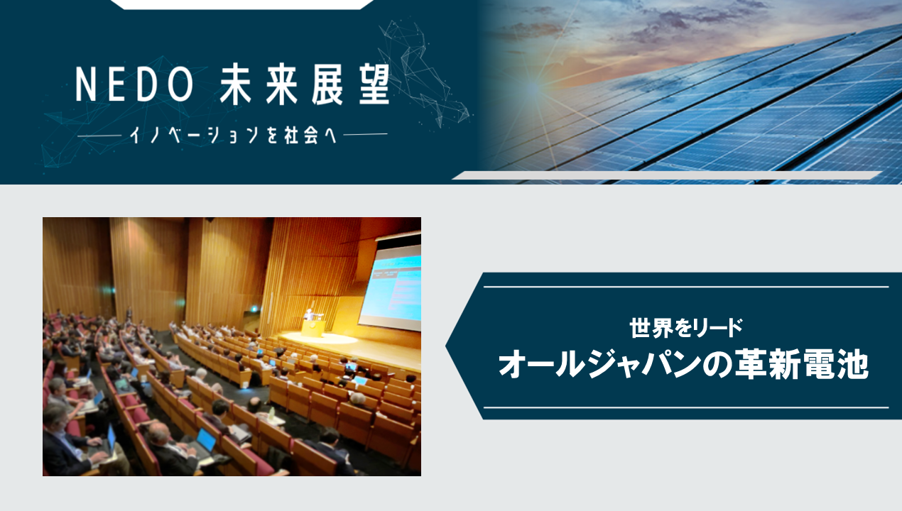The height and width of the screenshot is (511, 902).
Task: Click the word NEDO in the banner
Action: click(x=134, y=84)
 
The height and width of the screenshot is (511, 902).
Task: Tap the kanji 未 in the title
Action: click(x=238, y=84)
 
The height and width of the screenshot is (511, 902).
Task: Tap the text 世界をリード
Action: click(x=686, y=328)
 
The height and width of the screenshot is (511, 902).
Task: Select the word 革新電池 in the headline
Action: click(x=801, y=365)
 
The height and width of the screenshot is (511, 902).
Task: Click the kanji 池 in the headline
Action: click(x=852, y=365)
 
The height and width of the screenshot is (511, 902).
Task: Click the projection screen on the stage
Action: click(x=390, y=287)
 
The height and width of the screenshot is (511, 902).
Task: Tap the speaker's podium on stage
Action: click(x=313, y=328)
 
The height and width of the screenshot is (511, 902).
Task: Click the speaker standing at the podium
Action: click(x=309, y=315)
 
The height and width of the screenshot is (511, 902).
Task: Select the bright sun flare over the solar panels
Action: click(x=534, y=87)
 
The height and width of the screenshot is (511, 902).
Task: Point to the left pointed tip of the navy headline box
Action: click(x=446, y=345)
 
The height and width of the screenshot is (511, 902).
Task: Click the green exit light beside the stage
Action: click(x=254, y=309)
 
